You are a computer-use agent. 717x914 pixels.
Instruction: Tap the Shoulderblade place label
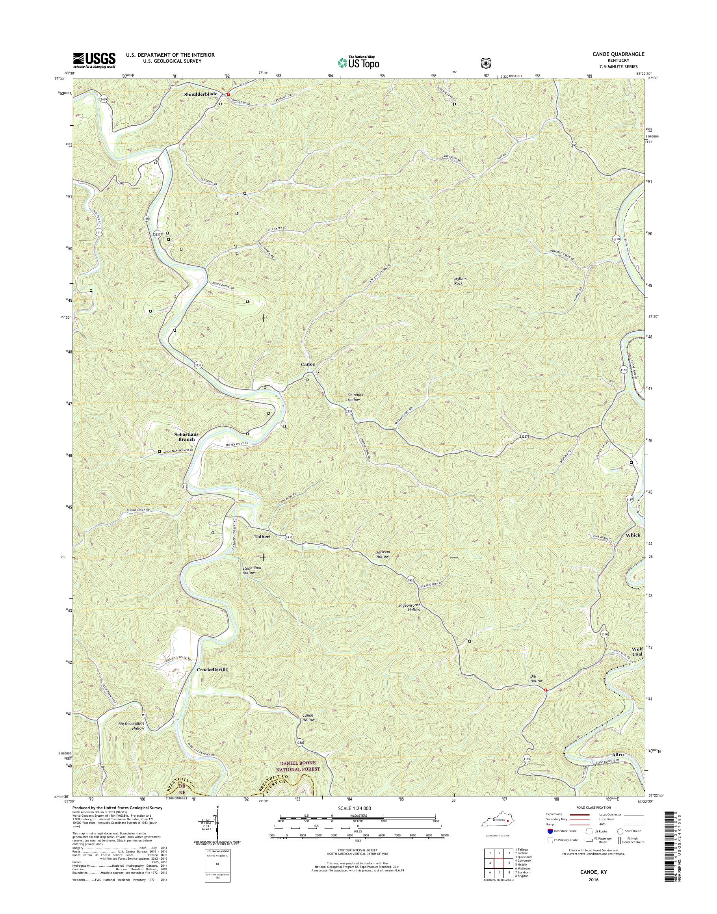tap(201, 95)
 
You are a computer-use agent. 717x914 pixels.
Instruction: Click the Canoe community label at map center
tap(308, 364)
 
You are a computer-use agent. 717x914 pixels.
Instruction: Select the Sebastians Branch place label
tap(185, 437)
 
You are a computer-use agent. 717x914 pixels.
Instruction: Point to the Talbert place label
tap(262, 537)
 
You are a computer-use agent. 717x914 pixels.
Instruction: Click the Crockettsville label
tap(212, 681)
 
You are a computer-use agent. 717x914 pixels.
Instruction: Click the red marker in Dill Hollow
tap(545, 690)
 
